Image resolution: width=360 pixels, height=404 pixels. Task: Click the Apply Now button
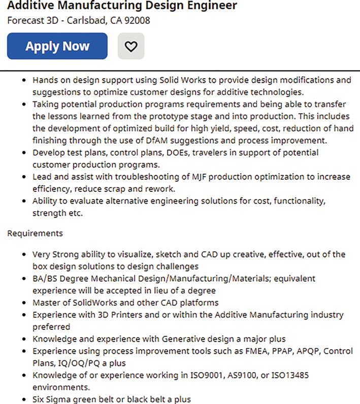57,46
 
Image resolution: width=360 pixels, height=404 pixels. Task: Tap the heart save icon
131,46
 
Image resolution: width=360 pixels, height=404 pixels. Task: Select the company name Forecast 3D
28,21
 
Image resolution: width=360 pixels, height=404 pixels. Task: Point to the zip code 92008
137,21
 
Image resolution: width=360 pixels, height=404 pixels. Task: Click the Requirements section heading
35,233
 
